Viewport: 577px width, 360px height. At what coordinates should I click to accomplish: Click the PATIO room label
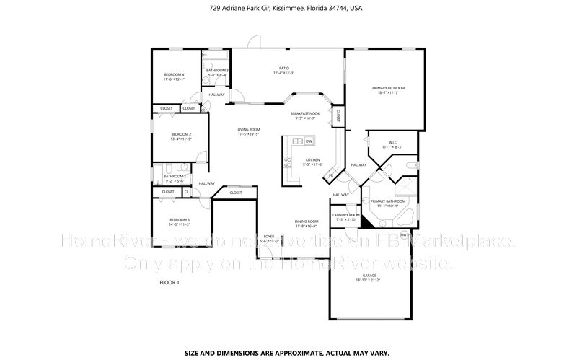click(283, 68)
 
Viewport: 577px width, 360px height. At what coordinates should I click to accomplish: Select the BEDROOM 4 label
click(174, 74)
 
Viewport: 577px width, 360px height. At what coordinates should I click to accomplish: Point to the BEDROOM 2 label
click(181, 134)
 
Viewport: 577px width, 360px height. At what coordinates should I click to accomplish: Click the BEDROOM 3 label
click(180, 219)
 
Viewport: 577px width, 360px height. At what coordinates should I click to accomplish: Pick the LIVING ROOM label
click(248, 130)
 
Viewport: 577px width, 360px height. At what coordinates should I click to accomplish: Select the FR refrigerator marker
click(331, 175)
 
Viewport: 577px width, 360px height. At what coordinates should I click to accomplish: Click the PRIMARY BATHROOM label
click(388, 201)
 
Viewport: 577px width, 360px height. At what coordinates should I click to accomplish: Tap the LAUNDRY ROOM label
click(345, 215)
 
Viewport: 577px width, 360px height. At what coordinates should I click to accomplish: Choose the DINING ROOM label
click(307, 221)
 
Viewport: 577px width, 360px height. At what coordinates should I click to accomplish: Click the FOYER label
click(268, 236)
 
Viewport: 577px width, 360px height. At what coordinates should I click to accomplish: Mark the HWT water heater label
click(404, 234)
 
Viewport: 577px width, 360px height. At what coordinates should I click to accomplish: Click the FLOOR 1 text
click(169, 282)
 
